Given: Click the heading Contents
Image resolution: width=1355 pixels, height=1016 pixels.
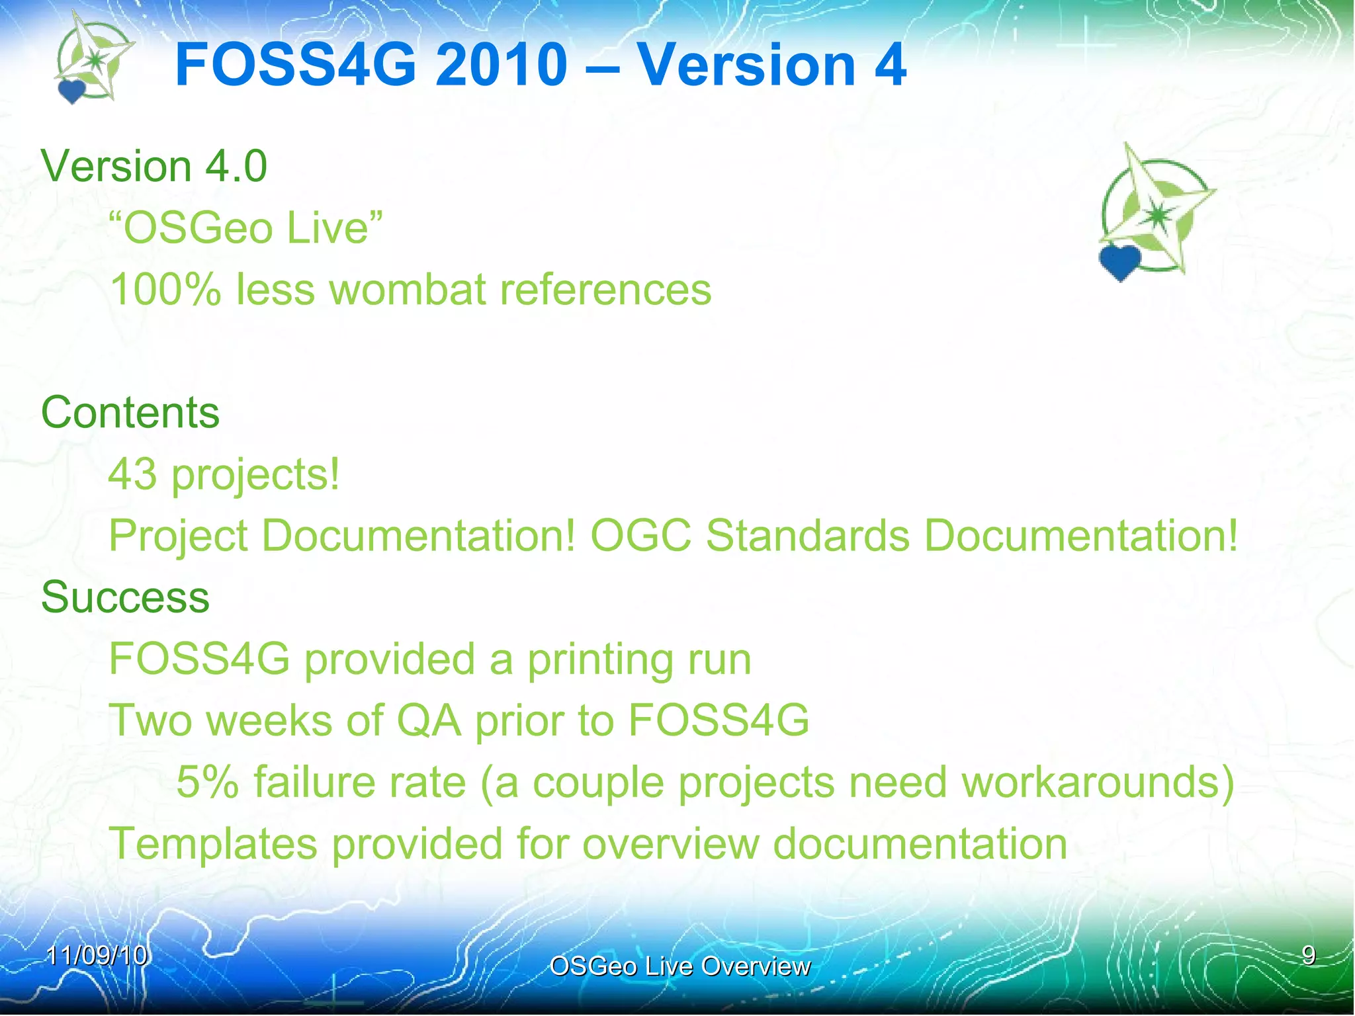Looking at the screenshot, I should (x=130, y=412).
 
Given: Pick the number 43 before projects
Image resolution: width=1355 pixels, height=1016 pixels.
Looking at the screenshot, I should (x=132, y=474).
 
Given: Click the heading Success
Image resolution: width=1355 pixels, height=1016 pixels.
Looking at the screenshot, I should (x=125, y=597).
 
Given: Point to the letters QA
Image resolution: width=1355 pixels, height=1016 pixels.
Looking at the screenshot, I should (x=428, y=720).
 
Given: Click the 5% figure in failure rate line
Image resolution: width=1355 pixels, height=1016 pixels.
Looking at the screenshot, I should (x=207, y=782).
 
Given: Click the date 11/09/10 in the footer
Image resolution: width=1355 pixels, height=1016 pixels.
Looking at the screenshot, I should (x=97, y=956).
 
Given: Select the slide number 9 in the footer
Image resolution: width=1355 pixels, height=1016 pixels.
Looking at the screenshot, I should (x=1308, y=955).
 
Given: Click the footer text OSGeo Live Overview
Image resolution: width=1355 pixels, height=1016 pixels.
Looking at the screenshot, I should (x=679, y=966).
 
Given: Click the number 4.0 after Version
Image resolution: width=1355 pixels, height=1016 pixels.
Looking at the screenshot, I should (x=236, y=165).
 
